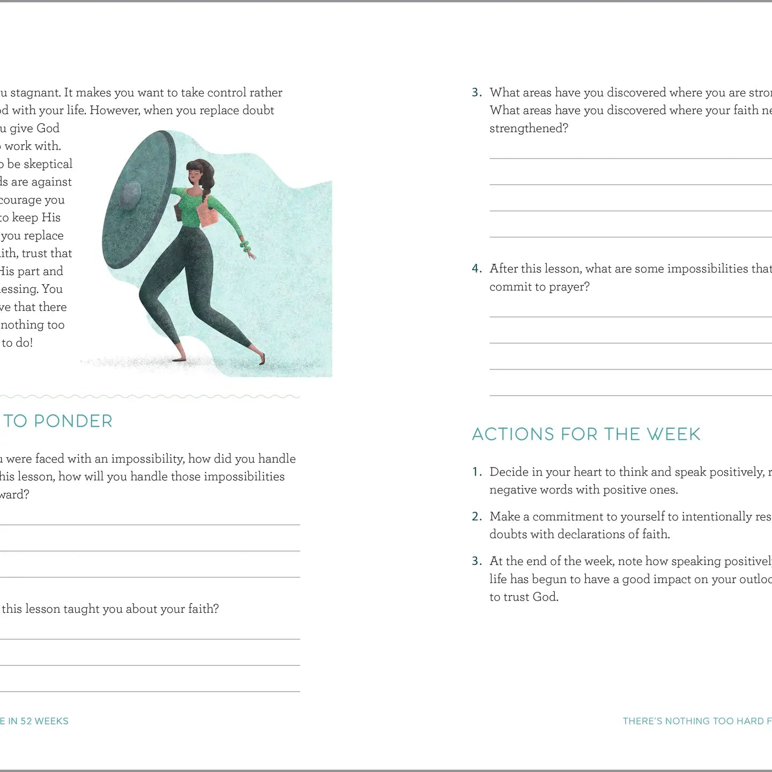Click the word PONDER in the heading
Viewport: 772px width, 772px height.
73,421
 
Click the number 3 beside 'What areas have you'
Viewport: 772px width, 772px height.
477,93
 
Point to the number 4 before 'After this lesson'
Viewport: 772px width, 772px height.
477,269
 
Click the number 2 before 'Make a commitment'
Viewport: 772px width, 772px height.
477,516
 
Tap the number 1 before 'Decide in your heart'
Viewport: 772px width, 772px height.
477,472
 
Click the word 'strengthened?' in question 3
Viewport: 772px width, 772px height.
529,128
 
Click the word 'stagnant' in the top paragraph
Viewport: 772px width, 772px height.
34,93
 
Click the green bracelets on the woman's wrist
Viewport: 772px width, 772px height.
245,246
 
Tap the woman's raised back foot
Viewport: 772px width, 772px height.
261,358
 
